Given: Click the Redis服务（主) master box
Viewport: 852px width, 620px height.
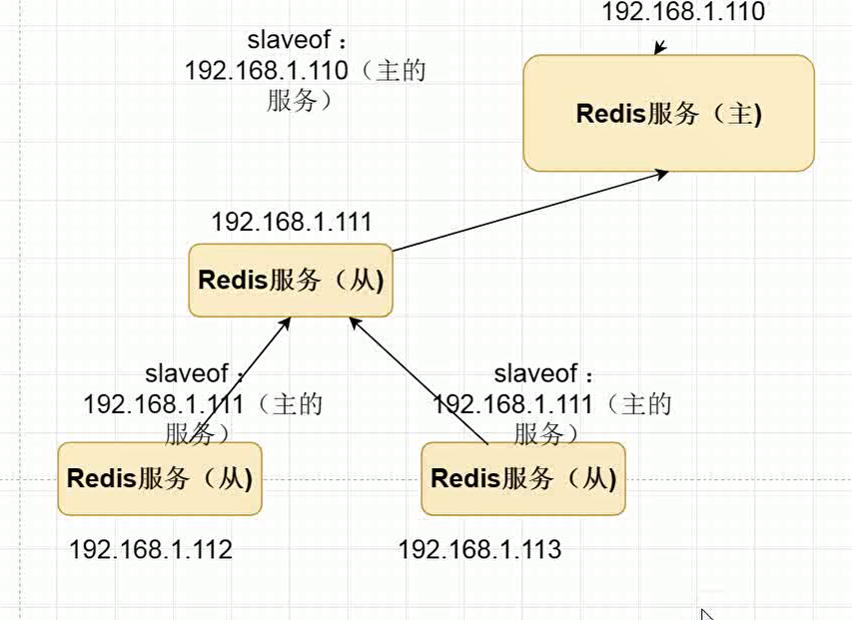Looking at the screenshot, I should (x=668, y=113).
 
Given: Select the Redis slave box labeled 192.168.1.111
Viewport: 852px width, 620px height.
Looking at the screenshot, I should (x=291, y=280).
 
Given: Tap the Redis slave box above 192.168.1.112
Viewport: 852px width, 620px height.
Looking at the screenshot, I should (x=159, y=478).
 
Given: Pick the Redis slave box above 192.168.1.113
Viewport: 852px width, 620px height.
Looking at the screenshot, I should (x=522, y=478).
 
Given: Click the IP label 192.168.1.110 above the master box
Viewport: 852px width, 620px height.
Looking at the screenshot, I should (x=683, y=12).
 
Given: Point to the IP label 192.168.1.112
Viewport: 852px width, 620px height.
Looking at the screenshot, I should (x=151, y=549).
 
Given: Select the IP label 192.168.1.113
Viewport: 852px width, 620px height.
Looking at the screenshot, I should (x=479, y=549).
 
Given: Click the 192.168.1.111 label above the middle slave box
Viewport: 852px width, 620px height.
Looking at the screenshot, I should (x=292, y=222).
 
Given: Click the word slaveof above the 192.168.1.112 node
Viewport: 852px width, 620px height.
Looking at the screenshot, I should (x=187, y=374).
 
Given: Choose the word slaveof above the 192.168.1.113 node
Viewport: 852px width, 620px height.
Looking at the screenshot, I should (x=536, y=374).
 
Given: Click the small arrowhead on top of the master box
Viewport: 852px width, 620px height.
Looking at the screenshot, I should (x=658, y=49).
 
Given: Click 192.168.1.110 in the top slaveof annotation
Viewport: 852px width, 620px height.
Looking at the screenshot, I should (x=266, y=72).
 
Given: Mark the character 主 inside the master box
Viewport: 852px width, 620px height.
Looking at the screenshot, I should (x=740, y=114).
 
